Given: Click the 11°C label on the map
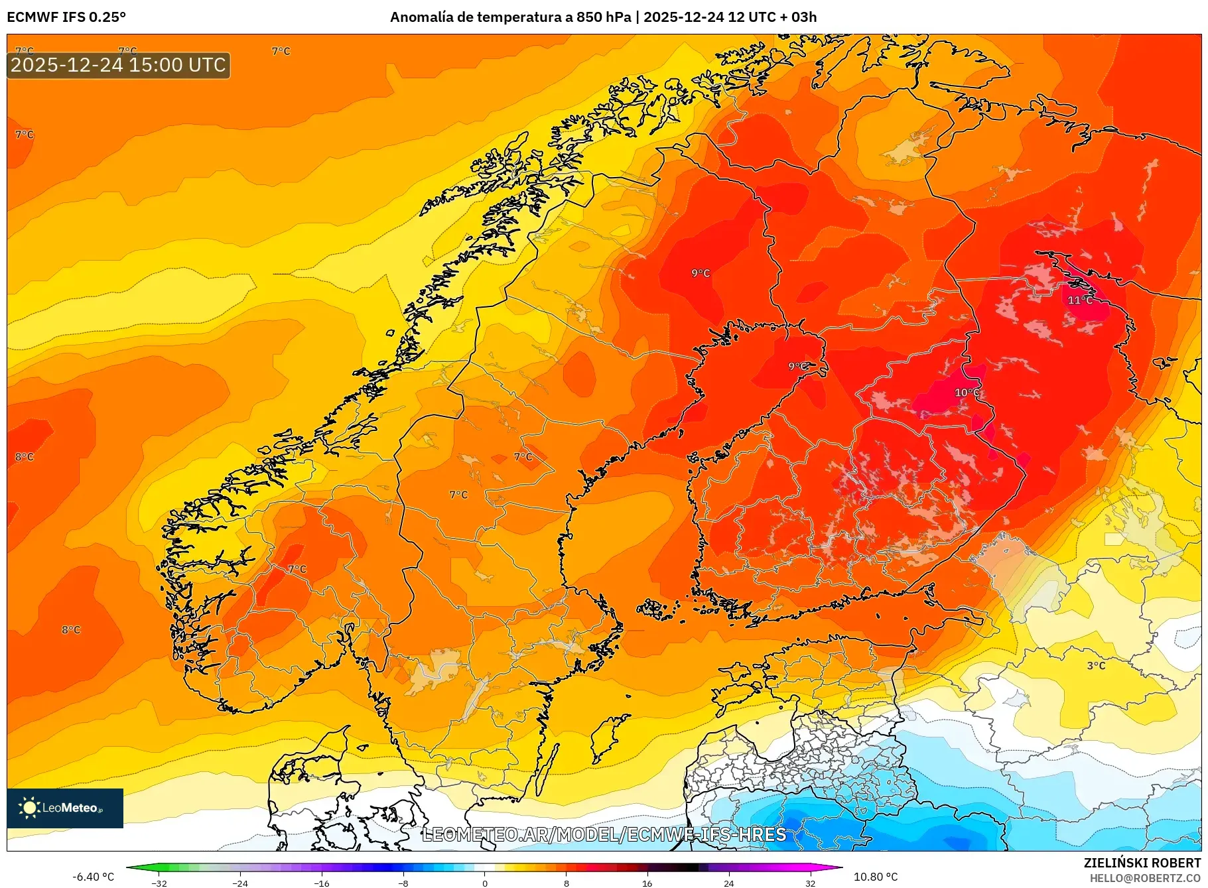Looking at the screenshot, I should click(1079, 300).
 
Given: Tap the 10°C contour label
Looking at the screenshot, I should click(966, 393).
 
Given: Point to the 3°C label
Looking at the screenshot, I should click(1096, 665).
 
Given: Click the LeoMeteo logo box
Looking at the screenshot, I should click(65, 808).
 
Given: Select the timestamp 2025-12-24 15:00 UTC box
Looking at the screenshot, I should click(118, 65).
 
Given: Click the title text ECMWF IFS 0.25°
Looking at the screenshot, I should click(66, 17).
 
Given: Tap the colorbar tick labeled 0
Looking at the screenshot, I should click(484, 883).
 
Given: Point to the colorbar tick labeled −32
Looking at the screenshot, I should click(159, 883).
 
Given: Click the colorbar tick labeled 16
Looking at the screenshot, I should click(647, 883).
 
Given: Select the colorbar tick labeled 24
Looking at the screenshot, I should click(728, 883).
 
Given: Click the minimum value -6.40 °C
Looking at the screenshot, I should click(93, 877).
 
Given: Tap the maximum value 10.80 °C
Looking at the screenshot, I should click(875, 877).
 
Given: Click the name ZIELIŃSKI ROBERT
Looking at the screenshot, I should click(1142, 863).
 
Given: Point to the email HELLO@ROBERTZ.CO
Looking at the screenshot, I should click(1144, 878).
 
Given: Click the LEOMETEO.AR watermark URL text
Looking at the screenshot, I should click(604, 834).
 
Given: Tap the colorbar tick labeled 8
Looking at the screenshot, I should click(566, 883).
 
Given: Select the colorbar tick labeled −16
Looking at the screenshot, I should click(322, 883).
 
